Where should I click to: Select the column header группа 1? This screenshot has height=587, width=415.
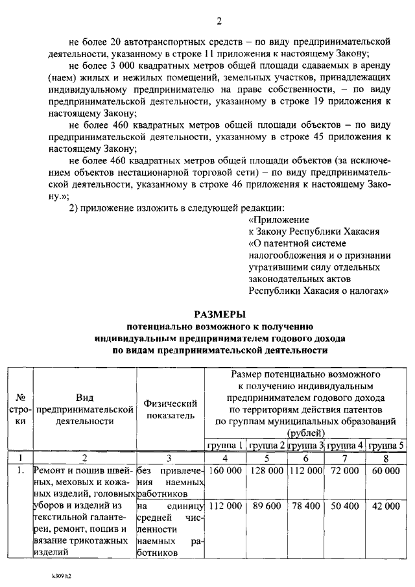(x=225, y=446)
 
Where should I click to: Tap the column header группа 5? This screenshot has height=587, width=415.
(x=386, y=446)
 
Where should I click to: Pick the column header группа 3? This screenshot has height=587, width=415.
(x=306, y=446)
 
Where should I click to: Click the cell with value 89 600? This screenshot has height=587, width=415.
(x=266, y=505)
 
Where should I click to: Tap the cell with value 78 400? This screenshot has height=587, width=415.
(x=306, y=505)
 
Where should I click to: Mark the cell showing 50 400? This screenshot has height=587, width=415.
(x=346, y=505)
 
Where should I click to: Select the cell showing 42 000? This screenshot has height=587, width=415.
(x=386, y=505)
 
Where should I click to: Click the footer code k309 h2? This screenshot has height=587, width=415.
(x=62, y=575)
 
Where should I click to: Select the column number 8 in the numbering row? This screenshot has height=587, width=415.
(x=386, y=458)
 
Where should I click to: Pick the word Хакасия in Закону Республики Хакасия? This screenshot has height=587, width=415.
(x=359, y=232)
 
